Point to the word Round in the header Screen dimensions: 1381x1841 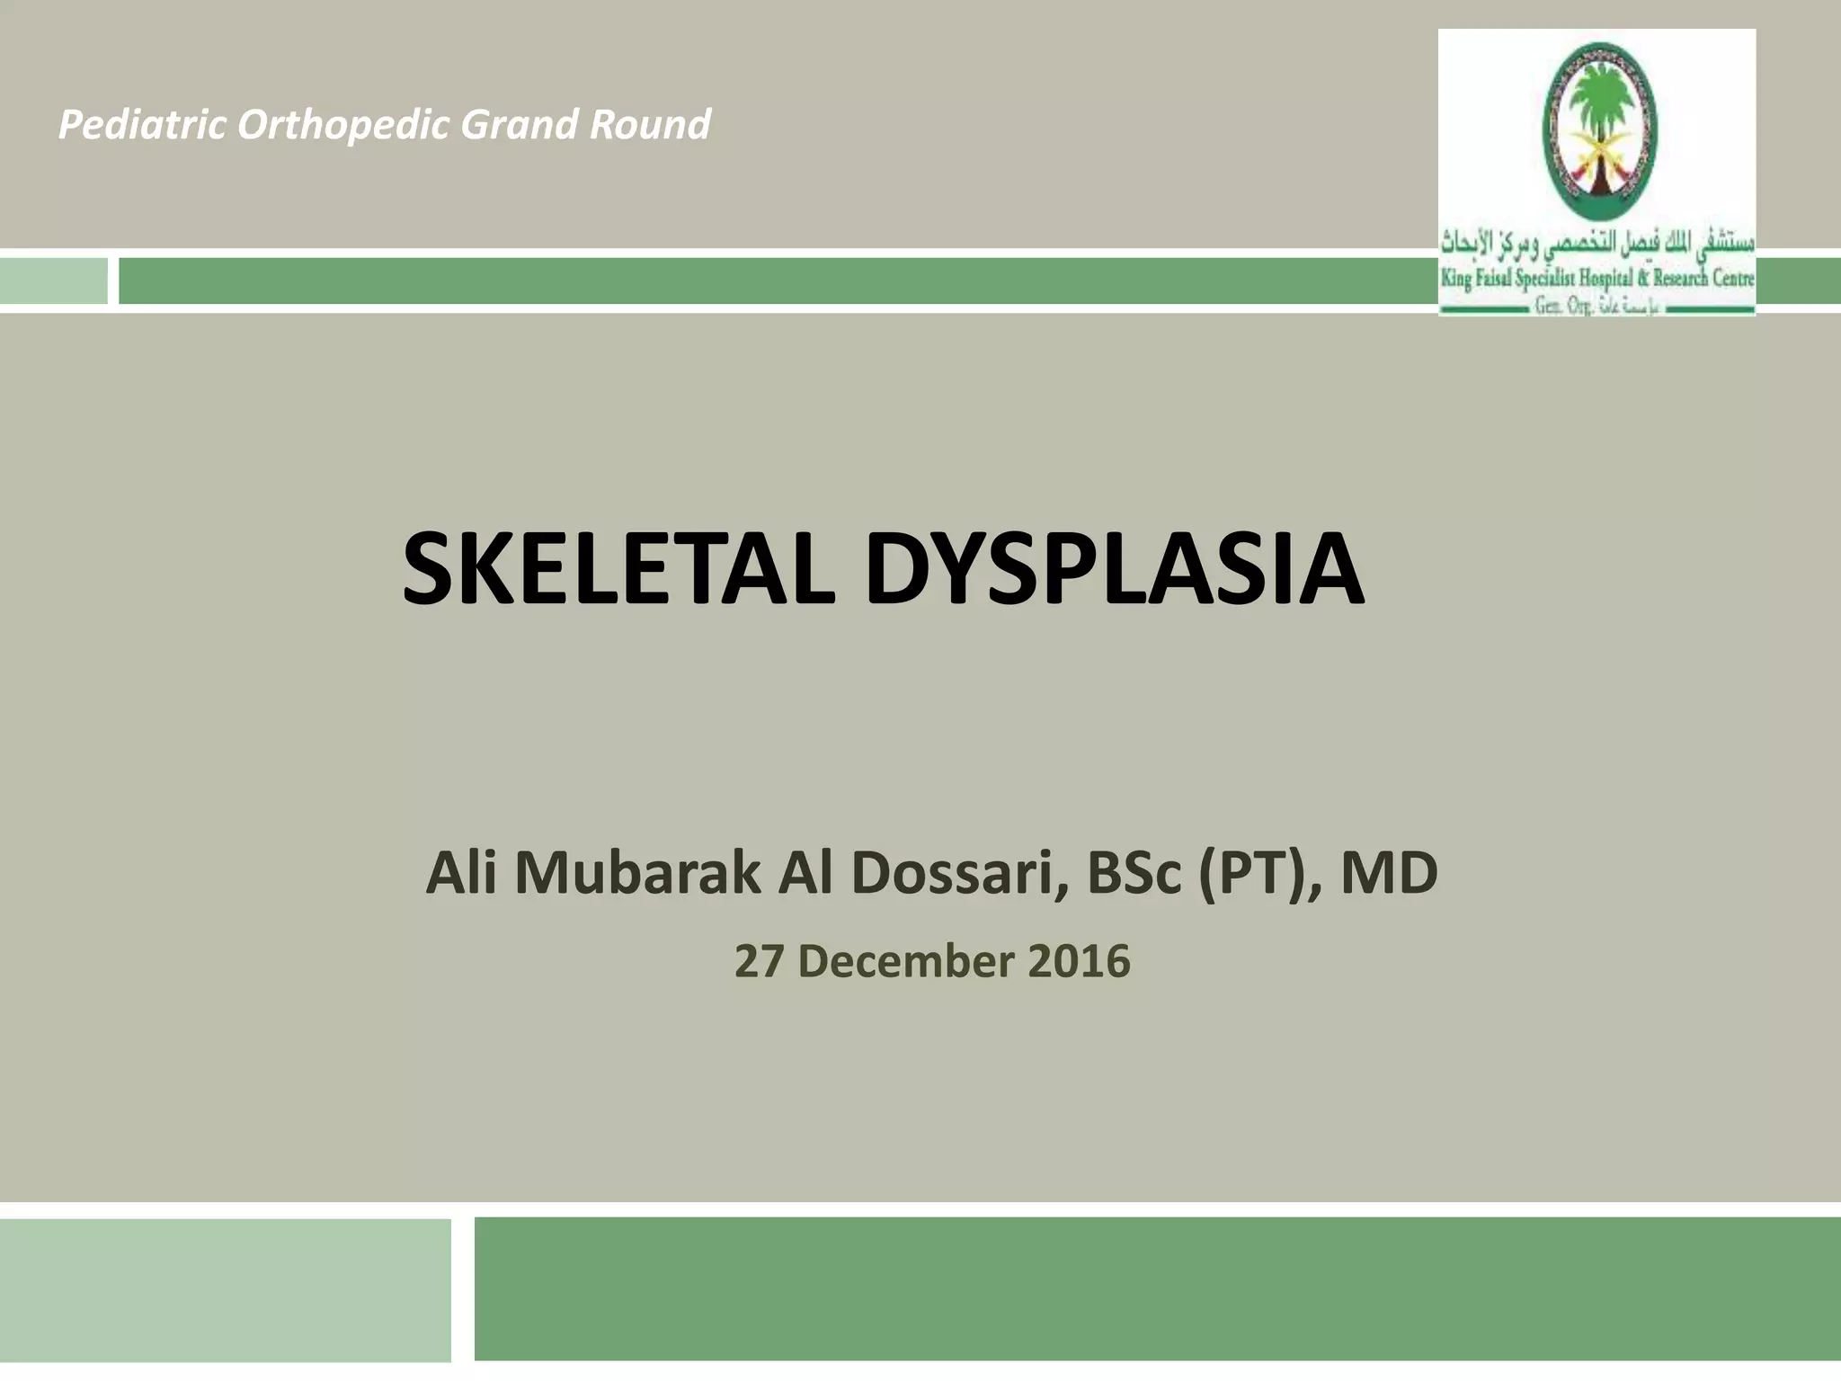[649, 125]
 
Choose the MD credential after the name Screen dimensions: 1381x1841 [1389, 874]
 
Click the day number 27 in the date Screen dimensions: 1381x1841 [757, 961]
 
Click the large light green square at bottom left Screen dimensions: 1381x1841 [225, 1289]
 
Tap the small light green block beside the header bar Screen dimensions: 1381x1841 [53, 281]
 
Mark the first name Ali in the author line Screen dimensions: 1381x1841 [460, 874]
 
